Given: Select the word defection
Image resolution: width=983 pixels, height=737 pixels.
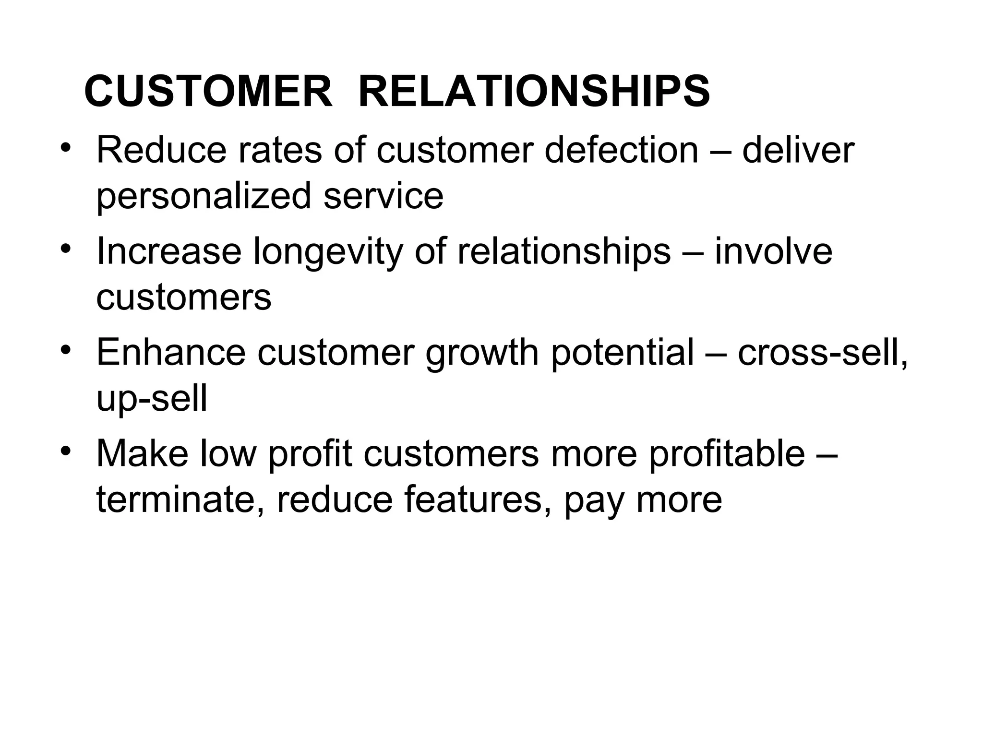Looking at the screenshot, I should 622,150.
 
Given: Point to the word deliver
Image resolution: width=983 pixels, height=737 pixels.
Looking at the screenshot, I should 798,150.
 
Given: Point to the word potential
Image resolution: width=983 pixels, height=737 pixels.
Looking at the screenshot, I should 623,353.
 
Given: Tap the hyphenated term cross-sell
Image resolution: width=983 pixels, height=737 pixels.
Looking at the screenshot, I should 822,353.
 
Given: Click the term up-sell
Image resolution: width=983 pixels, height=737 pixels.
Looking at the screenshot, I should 152,399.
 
